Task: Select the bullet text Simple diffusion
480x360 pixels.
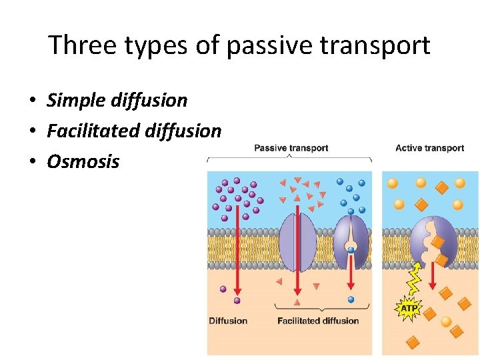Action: click(x=117, y=101)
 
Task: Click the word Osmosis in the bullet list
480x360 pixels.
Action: click(x=83, y=162)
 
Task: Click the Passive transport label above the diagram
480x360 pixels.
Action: click(x=291, y=147)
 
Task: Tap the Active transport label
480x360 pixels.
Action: click(x=429, y=147)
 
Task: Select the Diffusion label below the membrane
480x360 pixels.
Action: click(x=228, y=321)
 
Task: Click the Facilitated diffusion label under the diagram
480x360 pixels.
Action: click(x=318, y=321)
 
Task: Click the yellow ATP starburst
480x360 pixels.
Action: click(x=408, y=309)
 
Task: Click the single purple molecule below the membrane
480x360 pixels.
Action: click(x=223, y=289)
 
